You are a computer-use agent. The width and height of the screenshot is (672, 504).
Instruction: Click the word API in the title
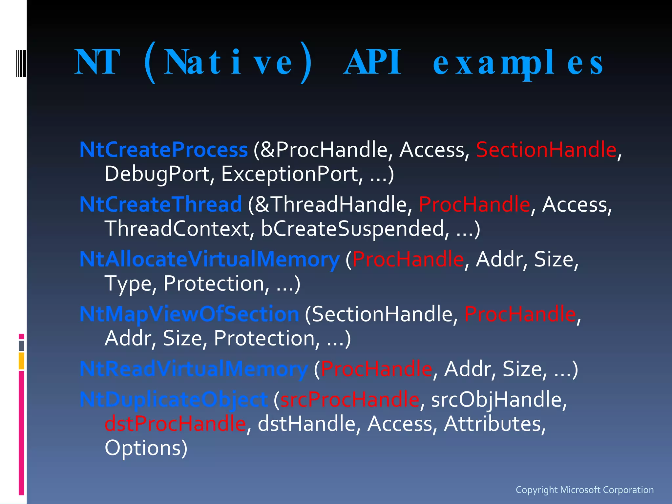pos(372,62)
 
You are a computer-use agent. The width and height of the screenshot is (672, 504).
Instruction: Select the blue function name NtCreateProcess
pos(163,150)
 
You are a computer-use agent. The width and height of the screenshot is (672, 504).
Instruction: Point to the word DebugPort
pos(157,174)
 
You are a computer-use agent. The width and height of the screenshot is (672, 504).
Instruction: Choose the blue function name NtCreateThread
pos(161,204)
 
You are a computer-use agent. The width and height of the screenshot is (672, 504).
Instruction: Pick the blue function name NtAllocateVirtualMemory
pos(209,260)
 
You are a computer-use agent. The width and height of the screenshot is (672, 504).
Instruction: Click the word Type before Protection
pos(128,284)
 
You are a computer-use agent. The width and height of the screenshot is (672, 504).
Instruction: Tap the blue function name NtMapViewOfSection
pos(189,314)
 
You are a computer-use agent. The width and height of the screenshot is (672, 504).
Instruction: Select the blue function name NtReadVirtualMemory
pos(194,369)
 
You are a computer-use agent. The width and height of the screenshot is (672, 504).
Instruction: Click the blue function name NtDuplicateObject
pos(174,400)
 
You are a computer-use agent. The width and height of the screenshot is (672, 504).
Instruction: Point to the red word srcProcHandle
pos(350,400)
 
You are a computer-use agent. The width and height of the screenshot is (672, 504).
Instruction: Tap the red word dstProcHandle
pos(175,424)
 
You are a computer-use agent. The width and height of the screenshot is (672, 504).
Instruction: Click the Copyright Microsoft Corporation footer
pos(584,490)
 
